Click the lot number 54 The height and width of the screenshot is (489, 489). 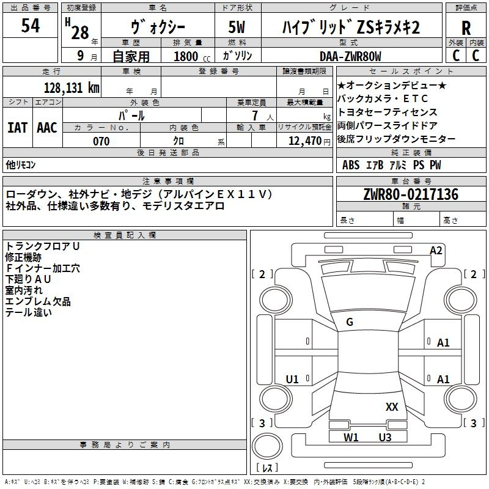30,26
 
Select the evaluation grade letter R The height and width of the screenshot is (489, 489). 466,28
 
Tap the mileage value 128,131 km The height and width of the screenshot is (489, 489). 71,87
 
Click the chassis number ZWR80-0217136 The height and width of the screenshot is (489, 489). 410,194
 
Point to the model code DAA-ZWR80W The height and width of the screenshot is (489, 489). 350,56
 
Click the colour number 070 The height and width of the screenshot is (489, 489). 101,141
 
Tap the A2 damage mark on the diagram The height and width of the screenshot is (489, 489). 436,250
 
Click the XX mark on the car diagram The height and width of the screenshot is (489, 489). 392,406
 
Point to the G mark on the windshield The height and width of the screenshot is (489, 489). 349,322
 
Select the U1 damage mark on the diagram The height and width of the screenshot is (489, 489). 292,380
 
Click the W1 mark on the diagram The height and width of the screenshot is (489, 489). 351,437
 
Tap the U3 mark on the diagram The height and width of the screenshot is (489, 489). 384,437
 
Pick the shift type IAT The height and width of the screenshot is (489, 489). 17,128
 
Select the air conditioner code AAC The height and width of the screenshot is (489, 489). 47,128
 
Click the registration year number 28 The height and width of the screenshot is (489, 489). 80,32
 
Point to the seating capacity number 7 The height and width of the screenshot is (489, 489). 252,115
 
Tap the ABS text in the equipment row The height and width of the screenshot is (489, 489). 351,165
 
